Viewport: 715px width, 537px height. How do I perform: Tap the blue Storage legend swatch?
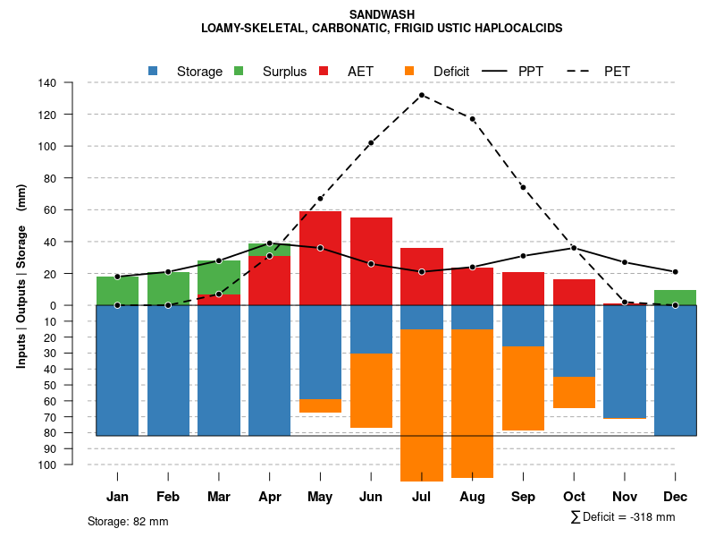[x=154, y=71]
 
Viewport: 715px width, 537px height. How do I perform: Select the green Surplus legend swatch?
[x=239, y=71]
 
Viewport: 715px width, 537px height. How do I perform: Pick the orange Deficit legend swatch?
[x=410, y=71]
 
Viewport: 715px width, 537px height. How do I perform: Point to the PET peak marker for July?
[x=421, y=95]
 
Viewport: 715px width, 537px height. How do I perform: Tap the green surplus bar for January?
[x=117, y=291]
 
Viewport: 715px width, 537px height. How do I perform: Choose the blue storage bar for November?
[x=625, y=362]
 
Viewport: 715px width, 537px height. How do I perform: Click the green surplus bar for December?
[x=675, y=297]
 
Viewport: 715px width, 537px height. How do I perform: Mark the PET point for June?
[x=371, y=143]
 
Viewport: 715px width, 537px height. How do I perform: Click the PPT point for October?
[x=574, y=248]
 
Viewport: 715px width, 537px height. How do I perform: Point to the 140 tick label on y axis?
[x=47, y=83]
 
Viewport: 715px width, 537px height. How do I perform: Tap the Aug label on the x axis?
[x=472, y=497]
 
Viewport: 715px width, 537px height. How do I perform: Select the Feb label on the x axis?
[x=168, y=497]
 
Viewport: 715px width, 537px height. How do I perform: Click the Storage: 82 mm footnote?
[x=128, y=521]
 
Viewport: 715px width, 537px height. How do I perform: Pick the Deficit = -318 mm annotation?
[x=623, y=516]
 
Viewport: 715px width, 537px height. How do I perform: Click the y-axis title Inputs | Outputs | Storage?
[x=21, y=276]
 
